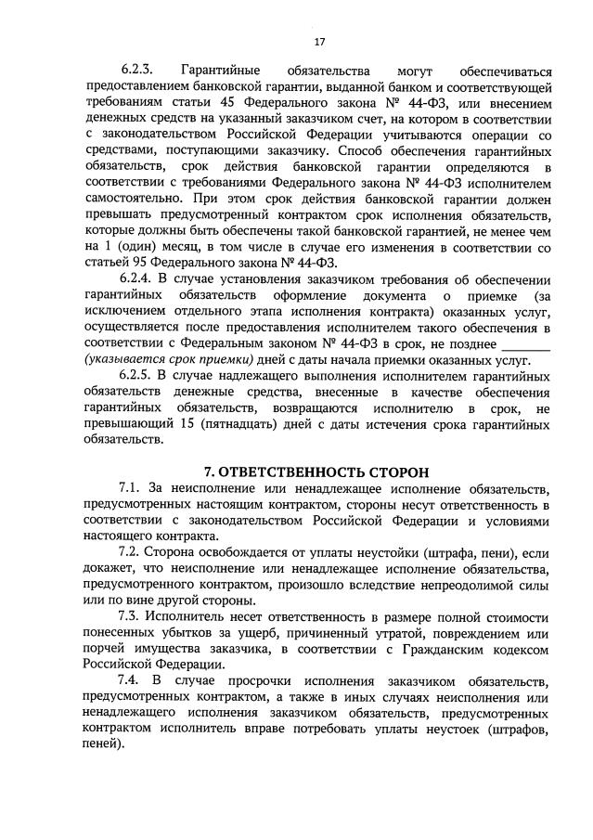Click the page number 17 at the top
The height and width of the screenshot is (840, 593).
point(319,42)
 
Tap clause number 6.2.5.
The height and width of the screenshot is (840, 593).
point(136,374)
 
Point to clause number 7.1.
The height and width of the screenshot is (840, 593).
point(131,488)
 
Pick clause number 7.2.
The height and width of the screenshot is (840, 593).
point(131,552)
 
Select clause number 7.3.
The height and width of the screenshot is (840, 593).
point(131,616)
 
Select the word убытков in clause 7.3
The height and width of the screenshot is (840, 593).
point(169,632)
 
